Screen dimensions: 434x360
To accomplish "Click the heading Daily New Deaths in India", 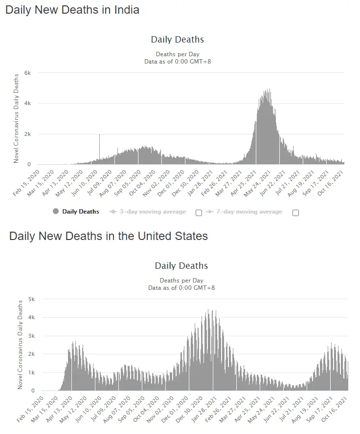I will click(72, 10).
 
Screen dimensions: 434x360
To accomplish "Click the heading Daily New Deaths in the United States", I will click(109, 236).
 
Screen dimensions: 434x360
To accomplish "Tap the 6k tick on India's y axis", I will click(28, 73).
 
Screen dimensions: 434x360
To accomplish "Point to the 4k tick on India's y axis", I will click(28, 104).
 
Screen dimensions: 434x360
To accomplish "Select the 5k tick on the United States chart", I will click(32, 299).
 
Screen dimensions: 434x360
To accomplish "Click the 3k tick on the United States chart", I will click(32, 336).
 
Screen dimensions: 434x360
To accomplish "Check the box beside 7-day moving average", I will click(295, 213).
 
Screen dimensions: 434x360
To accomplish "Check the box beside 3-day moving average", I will click(199, 213).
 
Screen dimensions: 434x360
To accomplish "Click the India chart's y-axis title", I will click(16, 118).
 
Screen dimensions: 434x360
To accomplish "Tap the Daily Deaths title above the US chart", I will click(181, 266).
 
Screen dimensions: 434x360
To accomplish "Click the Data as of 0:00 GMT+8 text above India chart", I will click(177, 62).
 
